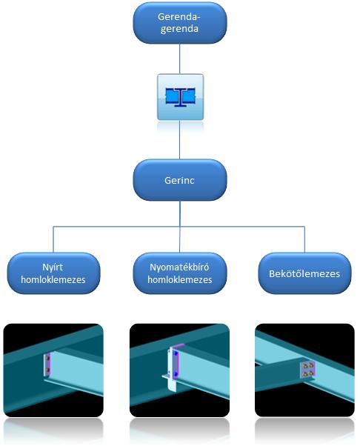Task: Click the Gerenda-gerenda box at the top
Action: tap(180, 23)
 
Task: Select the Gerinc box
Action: tap(180, 180)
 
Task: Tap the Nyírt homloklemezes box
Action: tap(53, 273)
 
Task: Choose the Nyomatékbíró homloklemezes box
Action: tap(180, 273)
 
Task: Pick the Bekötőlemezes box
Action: tap(304, 273)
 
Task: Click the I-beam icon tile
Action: tap(180, 97)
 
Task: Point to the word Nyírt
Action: tap(53, 267)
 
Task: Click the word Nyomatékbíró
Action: tap(179, 267)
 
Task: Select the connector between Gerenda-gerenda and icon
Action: tap(180, 59)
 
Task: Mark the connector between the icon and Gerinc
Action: tap(180, 139)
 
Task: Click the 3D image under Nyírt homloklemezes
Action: tap(53, 370)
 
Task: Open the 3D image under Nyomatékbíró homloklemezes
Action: tap(179, 370)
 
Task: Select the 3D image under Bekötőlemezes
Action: tap(304, 370)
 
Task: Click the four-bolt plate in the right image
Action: tap(308, 369)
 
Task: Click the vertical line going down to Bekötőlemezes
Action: tap(304, 239)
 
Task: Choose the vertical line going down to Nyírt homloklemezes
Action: tap(53, 239)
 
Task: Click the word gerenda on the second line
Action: tap(179, 29)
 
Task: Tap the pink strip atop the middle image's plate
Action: tap(178, 345)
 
